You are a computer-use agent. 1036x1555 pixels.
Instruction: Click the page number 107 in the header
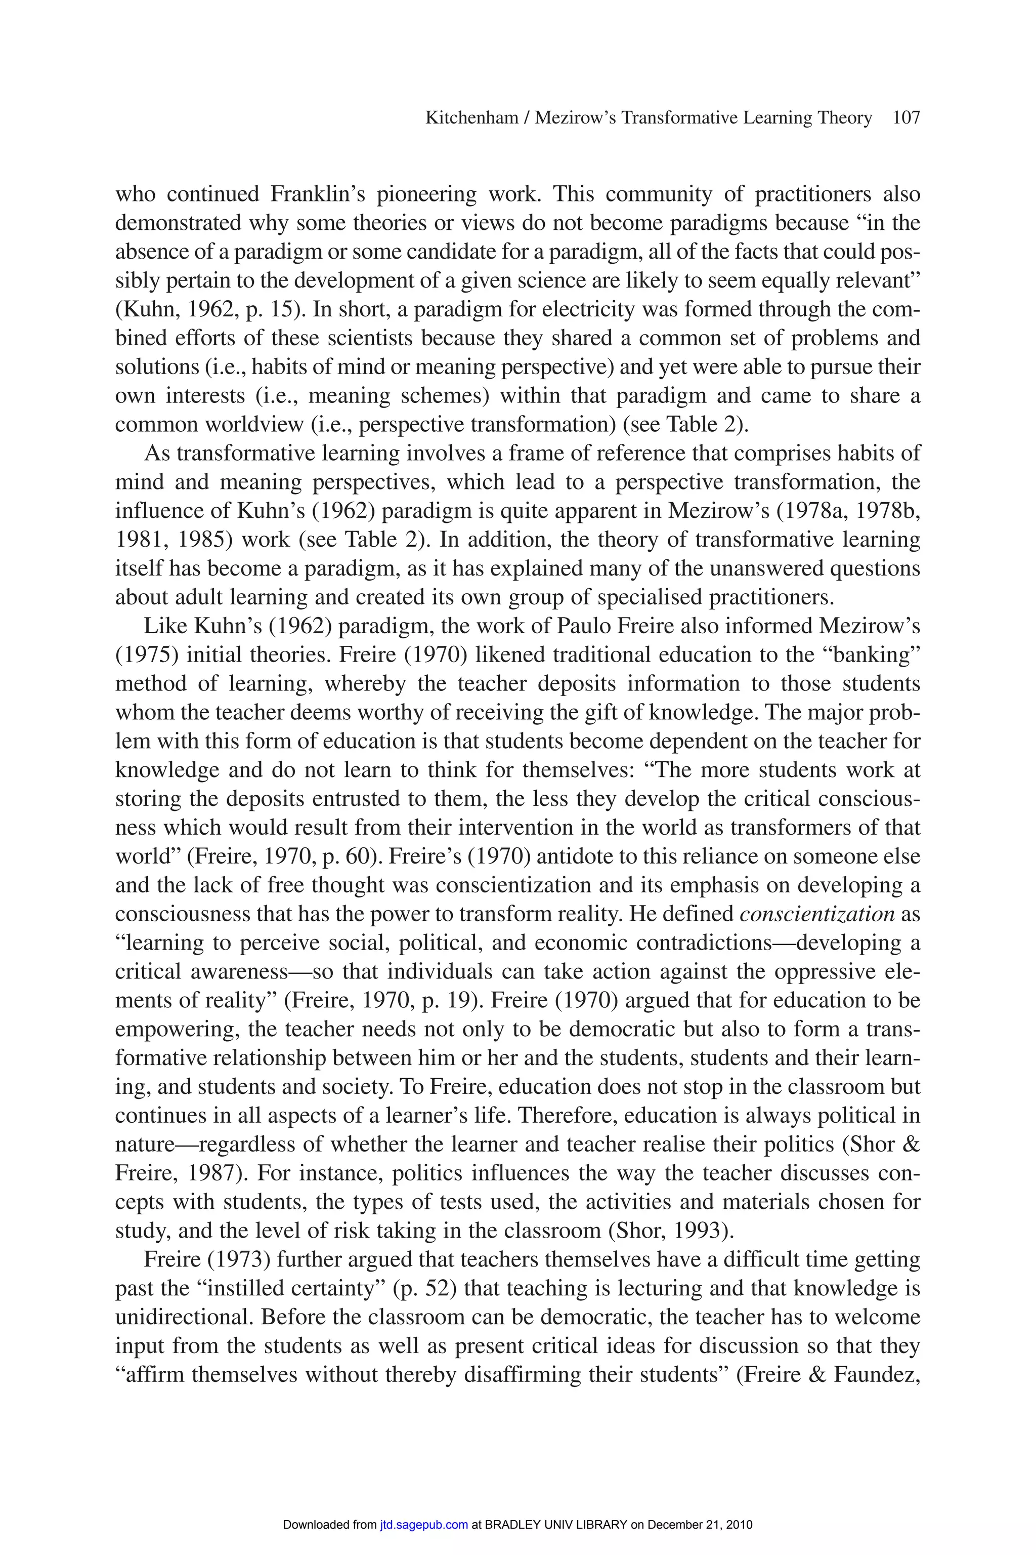pos(906,118)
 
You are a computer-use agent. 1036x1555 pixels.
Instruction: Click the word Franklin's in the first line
pos(318,194)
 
